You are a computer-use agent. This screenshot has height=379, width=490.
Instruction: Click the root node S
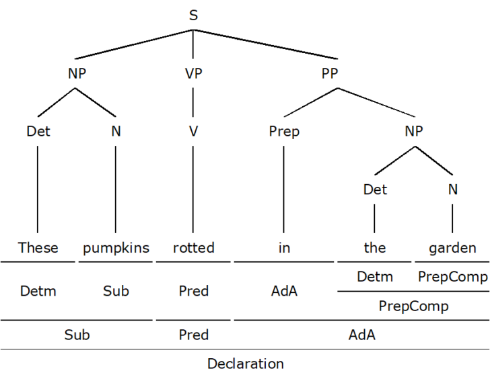(193, 15)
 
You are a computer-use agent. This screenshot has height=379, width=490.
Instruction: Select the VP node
(193, 74)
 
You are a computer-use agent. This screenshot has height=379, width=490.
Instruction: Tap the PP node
(329, 74)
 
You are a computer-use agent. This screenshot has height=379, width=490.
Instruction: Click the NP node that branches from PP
(413, 132)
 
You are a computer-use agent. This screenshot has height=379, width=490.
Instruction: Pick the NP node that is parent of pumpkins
(77, 74)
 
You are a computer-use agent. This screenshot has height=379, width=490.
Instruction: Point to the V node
(193, 132)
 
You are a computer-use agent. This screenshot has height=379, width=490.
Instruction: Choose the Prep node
(284, 132)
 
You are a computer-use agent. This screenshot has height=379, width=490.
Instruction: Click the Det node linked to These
(38, 132)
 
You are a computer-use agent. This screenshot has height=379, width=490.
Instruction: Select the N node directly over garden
(452, 189)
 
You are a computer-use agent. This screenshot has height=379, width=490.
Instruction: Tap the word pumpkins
(116, 248)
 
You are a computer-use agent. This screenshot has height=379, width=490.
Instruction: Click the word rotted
(193, 248)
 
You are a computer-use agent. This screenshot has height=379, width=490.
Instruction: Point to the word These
(38, 248)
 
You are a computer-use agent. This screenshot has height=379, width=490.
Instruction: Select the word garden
(452, 248)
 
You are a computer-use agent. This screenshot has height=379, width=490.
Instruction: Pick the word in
(284, 248)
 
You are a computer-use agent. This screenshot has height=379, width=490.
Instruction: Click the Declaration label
(245, 364)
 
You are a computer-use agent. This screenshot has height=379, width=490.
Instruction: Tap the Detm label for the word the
(374, 276)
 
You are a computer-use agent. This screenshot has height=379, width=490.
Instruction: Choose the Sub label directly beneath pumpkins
(116, 291)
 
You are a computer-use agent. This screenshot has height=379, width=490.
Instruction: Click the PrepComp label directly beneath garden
(452, 276)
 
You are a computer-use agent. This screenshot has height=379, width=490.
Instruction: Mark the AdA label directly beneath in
(284, 291)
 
